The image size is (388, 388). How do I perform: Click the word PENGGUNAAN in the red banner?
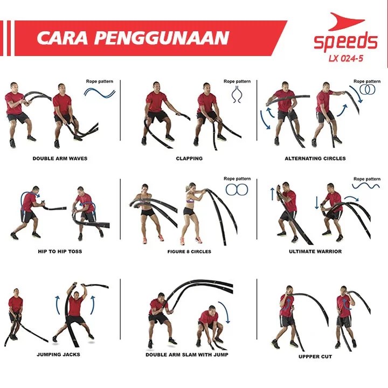coord(162,38)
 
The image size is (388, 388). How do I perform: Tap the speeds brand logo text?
coord(345,41)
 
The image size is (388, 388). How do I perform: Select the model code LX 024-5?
coord(346,58)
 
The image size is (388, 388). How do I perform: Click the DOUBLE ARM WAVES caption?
coord(60,158)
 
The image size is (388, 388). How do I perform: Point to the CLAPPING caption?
coord(189,158)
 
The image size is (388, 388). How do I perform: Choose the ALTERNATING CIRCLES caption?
coord(315,158)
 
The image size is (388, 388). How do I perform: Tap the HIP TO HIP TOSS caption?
coord(60,252)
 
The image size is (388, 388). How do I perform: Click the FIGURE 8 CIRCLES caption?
coord(189,252)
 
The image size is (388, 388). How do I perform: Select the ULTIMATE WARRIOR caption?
coord(315,252)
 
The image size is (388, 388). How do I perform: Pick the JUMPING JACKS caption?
coord(58,355)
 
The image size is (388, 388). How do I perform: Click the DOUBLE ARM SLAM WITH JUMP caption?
coord(187,355)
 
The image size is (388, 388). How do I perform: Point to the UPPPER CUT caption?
coord(315,357)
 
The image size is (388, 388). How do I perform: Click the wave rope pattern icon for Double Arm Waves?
coord(100,93)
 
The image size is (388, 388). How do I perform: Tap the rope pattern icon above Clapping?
coord(237,94)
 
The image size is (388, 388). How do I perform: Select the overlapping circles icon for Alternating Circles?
coord(367,89)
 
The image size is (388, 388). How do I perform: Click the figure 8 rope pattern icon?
coord(237,190)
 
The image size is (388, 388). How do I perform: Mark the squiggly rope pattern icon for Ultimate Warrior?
coord(366,186)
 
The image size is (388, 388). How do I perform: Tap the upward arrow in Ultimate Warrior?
coord(273,194)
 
